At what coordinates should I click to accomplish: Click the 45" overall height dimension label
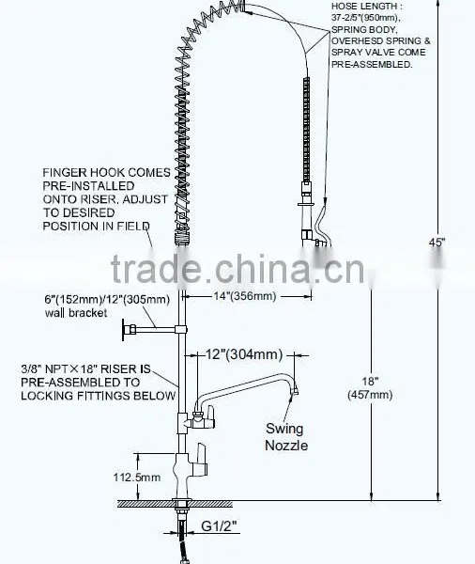(437, 243)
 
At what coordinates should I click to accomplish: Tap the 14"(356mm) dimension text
(245, 296)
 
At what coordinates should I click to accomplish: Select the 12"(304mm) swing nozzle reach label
(244, 354)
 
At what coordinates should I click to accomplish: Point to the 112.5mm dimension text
(137, 478)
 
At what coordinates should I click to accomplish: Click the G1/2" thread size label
(219, 526)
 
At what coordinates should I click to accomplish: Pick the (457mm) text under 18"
(370, 395)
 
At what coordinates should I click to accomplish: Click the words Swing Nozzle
(286, 437)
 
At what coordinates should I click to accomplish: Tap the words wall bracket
(76, 313)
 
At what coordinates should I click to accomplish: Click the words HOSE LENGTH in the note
(364, 7)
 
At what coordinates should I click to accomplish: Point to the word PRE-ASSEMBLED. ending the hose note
(372, 64)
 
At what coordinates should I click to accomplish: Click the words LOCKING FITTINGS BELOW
(98, 396)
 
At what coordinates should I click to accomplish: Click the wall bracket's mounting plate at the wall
(124, 330)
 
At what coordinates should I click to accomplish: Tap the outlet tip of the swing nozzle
(295, 391)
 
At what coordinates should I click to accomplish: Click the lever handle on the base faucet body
(199, 462)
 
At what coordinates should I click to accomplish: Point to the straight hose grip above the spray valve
(306, 130)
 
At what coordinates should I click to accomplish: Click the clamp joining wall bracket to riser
(181, 329)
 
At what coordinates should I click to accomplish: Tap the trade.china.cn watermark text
(237, 269)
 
